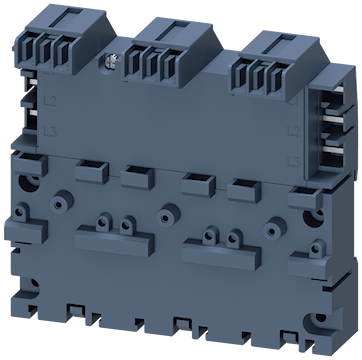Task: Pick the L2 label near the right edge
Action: (x=318, y=133)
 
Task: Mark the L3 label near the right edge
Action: (x=319, y=158)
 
